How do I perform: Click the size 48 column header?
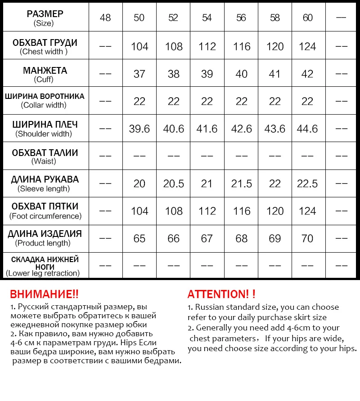pos(105,18)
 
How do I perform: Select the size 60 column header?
pos(308,18)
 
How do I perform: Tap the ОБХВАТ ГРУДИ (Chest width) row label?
pos(45,47)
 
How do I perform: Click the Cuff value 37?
pos(139,74)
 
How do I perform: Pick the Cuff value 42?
pos(307,74)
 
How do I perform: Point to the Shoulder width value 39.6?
pos(139,129)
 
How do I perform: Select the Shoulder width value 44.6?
pos(307,129)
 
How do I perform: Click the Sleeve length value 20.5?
pos(174,183)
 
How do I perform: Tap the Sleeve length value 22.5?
pos(307,183)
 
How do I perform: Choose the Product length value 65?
pos(139,238)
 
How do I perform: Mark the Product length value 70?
pos(307,238)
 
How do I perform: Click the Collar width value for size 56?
pos(242,101)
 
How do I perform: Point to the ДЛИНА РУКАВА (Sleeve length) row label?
pos(45,183)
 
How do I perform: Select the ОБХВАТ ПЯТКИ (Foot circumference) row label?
pos(45,211)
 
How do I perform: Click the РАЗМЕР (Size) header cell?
pos(45,18)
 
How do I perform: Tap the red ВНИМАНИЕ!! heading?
pos(44,294)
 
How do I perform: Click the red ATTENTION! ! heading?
pos(221,294)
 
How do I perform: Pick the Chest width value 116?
pos(242,47)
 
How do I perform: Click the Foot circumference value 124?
pos(307,211)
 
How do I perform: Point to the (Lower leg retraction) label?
pos(43,273)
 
